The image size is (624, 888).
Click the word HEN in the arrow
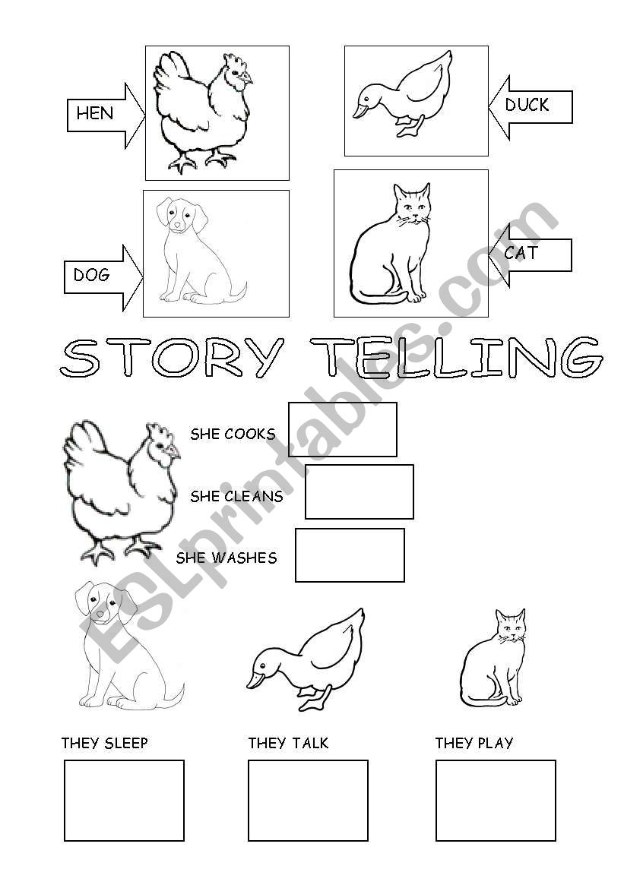(95, 114)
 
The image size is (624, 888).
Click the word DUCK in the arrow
(527, 105)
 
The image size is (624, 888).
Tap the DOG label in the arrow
(92, 275)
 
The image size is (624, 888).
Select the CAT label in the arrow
(521, 253)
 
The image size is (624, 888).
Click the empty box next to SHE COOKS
(343, 430)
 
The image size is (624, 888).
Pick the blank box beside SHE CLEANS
(360, 492)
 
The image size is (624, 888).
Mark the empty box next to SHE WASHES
(350, 555)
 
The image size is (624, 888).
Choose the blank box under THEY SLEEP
(124, 801)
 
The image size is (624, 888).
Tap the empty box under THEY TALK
(308, 801)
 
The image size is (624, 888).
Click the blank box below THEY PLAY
(496, 801)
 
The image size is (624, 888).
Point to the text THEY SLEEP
(105, 743)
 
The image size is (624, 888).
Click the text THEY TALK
(289, 743)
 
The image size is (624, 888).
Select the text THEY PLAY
(474, 743)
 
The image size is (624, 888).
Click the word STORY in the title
(172, 357)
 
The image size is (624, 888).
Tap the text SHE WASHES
(226, 558)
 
